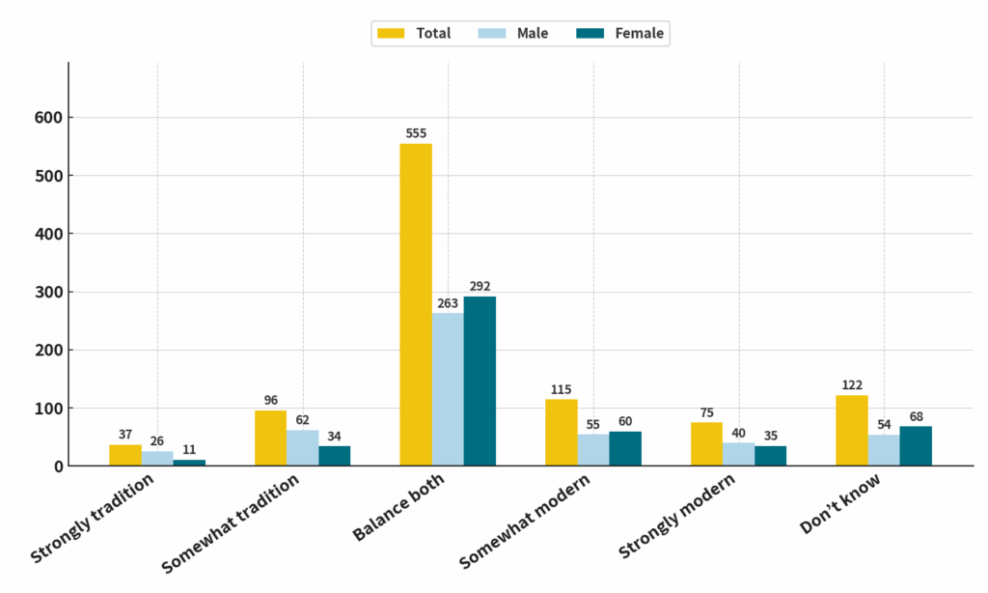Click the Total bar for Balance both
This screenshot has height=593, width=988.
pos(416,304)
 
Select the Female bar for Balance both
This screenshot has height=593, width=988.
pos(480,381)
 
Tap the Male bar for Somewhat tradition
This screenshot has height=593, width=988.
pos(303,447)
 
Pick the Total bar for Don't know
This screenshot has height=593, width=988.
pos(852,431)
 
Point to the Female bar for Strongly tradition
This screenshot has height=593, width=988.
pos(189,463)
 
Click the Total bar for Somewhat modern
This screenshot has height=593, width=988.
pos(562,433)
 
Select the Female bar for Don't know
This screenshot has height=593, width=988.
pos(916,446)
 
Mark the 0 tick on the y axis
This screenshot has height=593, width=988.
pos(59,466)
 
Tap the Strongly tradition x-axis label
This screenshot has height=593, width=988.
pos(93,522)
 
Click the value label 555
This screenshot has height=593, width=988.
pos(416,134)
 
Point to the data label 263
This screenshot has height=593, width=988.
pos(448,303)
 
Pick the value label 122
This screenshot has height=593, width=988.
pos(852,385)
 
